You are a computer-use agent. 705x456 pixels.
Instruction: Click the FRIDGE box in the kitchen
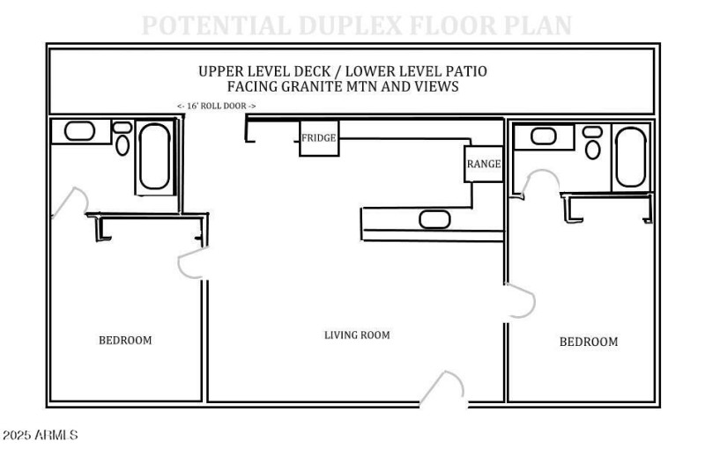click(x=319, y=138)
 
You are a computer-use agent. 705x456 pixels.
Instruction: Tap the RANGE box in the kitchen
click(x=484, y=164)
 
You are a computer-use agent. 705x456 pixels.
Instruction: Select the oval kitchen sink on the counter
click(x=434, y=219)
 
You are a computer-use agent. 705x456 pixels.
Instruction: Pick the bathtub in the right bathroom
click(x=631, y=157)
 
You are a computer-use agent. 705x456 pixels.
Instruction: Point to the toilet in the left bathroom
click(x=122, y=139)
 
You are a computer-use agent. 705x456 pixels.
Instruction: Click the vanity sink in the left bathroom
click(x=80, y=131)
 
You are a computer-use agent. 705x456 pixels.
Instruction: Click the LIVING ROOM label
click(x=357, y=335)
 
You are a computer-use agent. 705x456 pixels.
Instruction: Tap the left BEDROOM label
click(x=124, y=341)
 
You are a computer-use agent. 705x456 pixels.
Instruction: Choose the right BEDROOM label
click(x=589, y=342)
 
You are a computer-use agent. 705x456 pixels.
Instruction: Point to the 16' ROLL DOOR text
click(x=217, y=106)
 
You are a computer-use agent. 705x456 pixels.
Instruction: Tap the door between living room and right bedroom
click(x=521, y=301)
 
